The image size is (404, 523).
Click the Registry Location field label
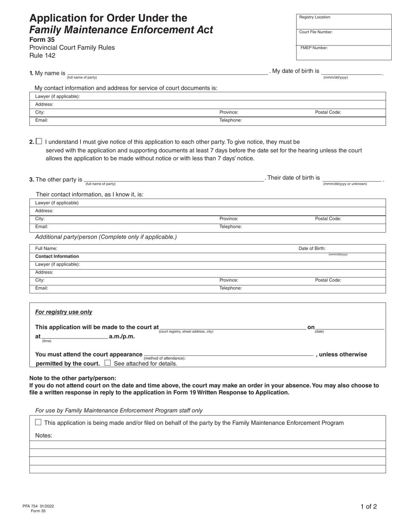(x=315, y=17)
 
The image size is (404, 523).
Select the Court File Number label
(x=316, y=32)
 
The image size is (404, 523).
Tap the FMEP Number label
(x=314, y=48)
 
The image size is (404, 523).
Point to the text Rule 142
(x=42, y=55)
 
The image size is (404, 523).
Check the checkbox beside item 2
(x=39, y=142)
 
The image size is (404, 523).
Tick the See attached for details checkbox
(x=108, y=363)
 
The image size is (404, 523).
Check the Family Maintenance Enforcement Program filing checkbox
(x=38, y=422)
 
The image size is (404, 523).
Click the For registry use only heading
(x=63, y=312)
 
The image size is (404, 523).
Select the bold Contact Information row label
(x=57, y=256)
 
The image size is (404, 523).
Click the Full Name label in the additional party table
(x=46, y=248)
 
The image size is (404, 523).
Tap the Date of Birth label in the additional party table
(x=312, y=248)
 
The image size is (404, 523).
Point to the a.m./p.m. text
(x=122, y=336)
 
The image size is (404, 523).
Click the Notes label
(x=43, y=435)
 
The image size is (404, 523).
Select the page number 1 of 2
(x=368, y=506)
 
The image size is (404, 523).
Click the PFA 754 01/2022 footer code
(x=38, y=506)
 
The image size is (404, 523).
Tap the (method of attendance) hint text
(x=165, y=358)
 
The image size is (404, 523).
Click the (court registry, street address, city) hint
(x=186, y=332)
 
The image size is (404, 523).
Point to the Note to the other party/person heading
(x=72, y=378)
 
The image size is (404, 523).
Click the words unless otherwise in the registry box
(x=343, y=355)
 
